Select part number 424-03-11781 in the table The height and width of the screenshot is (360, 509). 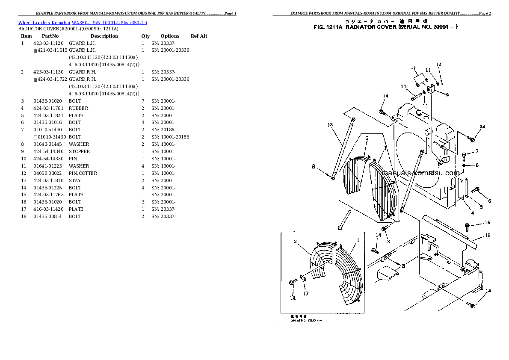[48, 108]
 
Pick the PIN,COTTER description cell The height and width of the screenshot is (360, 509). [83, 173]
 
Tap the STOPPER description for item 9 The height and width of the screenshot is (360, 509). [79, 151]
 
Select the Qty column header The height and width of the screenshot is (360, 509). [146, 36]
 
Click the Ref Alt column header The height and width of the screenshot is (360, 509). [199, 36]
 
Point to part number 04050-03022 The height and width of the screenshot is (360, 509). [48, 173]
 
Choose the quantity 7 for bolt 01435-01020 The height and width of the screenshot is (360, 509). [143, 101]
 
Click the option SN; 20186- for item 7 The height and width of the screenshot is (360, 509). [163, 130]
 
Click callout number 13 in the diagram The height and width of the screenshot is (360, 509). [330, 125]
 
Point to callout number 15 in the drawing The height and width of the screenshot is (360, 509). [488, 236]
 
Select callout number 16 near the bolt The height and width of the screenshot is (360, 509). [487, 223]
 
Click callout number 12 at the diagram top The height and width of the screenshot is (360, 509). [438, 65]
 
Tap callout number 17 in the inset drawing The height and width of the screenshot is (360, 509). [306, 293]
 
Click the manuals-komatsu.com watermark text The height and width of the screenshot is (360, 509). [421, 173]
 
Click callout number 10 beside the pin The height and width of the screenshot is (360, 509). [403, 87]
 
